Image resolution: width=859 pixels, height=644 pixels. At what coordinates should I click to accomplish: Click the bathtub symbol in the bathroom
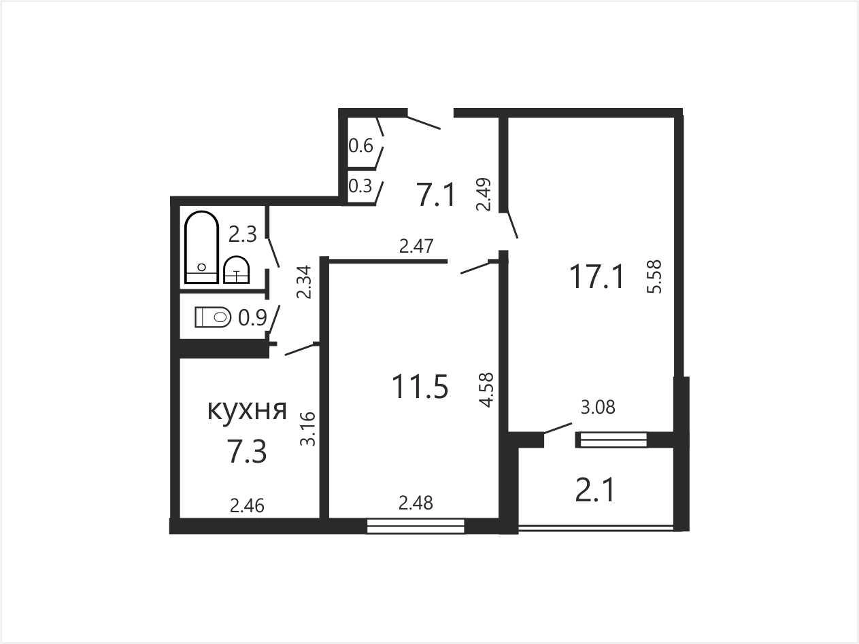[x=201, y=247]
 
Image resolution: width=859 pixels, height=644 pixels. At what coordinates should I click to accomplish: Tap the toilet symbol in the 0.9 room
[x=212, y=317]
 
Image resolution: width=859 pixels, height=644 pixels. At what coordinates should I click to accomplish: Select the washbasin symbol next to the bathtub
[x=237, y=270]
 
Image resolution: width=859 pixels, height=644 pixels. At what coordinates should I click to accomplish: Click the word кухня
[x=247, y=410]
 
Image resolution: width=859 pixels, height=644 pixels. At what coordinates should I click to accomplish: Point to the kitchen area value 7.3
[x=247, y=451]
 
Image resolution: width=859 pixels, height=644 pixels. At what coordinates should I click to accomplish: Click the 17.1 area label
[x=596, y=276]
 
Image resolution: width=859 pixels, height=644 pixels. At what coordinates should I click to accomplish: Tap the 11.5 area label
[x=420, y=387]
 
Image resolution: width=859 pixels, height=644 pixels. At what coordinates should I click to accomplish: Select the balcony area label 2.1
[x=595, y=490]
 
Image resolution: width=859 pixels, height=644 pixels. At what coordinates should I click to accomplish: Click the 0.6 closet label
[x=361, y=146]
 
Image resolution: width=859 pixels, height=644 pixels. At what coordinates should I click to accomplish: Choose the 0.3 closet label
[x=360, y=186]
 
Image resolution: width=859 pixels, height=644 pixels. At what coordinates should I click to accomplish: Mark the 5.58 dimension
[x=654, y=276]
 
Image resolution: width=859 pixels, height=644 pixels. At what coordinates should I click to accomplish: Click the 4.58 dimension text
[x=487, y=390]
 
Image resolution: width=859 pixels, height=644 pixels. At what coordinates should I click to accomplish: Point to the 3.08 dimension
[x=598, y=407]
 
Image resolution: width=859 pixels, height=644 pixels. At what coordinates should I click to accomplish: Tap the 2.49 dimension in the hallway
[x=484, y=194]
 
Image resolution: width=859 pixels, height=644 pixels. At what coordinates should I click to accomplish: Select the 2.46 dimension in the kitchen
[x=247, y=506]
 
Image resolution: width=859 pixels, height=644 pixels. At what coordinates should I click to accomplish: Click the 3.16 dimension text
[x=307, y=429]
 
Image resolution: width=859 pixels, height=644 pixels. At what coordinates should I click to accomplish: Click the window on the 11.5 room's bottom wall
[x=416, y=526]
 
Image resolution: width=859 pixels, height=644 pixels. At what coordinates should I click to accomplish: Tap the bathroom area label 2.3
[x=243, y=234]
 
